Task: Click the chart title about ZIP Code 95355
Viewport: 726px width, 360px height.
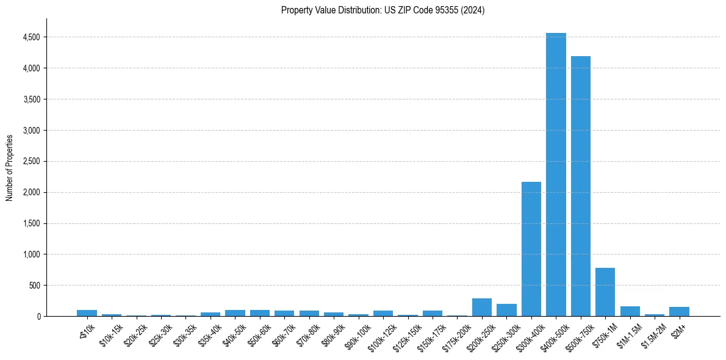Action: pos(383,10)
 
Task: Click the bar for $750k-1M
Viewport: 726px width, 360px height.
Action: pos(605,292)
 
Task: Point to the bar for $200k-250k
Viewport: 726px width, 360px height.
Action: pos(482,307)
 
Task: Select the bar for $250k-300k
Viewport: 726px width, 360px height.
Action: pos(506,310)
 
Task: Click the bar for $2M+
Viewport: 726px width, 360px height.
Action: pos(679,311)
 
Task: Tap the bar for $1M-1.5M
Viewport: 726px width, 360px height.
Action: pos(630,311)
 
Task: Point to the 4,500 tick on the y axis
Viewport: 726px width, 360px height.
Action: pos(31,37)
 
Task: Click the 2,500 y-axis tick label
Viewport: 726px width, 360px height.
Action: pos(31,162)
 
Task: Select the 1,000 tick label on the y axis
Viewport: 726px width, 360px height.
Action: pos(31,254)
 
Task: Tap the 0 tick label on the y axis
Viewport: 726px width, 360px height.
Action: pos(38,317)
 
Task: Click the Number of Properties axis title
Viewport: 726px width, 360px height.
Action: pos(10,167)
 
